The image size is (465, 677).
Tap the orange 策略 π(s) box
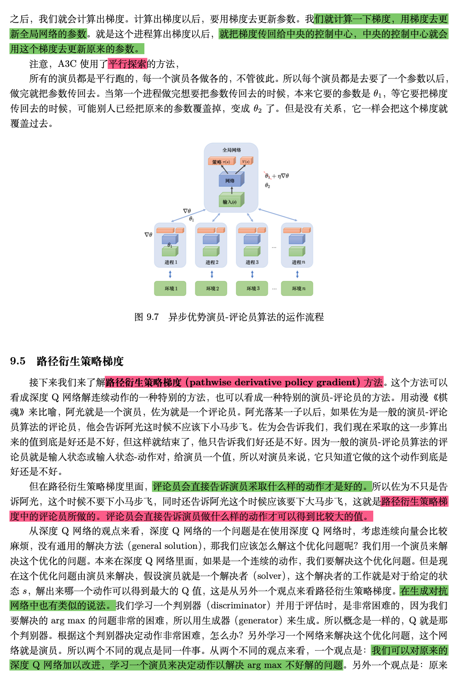[x=221, y=162]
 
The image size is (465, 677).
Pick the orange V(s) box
[x=246, y=161]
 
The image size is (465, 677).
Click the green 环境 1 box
[x=170, y=289]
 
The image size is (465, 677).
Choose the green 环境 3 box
[x=252, y=289]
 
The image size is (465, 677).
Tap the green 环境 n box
[x=297, y=289]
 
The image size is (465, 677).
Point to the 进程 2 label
[x=212, y=262]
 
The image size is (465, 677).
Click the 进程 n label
[x=298, y=262]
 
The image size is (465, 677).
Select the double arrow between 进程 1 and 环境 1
[x=170, y=274]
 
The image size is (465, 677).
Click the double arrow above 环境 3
[x=252, y=274]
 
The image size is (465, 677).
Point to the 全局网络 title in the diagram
[x=232, y=150]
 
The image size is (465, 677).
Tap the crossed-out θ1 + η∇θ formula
[x=277, y=176]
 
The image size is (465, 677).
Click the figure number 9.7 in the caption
[x=153, y=317]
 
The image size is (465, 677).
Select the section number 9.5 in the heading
[x=18, y=361]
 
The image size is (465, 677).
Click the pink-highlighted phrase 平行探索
[x=128, y=64]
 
